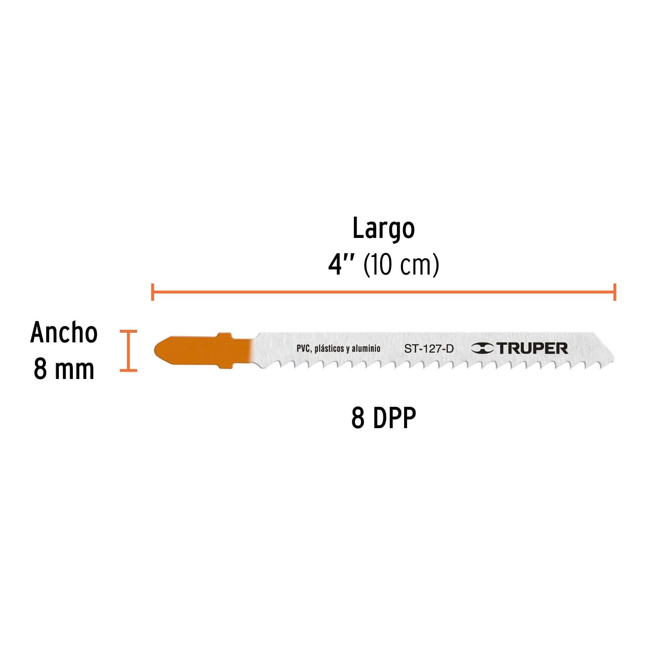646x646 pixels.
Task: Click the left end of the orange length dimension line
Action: [x=153, y=292]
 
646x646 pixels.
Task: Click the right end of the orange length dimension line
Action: [x=615, y=292]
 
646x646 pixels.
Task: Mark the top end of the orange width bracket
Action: [x=128, y=331]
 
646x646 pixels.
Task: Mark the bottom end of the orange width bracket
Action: [x=128, y=370]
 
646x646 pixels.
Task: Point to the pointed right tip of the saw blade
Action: [x=614, y=358]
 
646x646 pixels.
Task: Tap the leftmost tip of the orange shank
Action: [x=155, y=350]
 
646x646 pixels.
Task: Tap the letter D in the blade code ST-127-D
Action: [x=450, y=348]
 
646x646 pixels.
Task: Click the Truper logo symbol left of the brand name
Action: [x=482, y=348]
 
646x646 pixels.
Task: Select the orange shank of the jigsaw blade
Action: [x=203, y=350]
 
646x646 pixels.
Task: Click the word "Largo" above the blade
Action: [x=383, y=229]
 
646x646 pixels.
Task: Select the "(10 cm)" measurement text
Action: [x=401, y=265]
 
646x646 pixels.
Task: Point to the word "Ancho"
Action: [x=64, y=332]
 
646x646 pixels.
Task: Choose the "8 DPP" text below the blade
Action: [x=383, y=418]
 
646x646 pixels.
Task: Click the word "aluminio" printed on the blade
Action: [x=366, y=348]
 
